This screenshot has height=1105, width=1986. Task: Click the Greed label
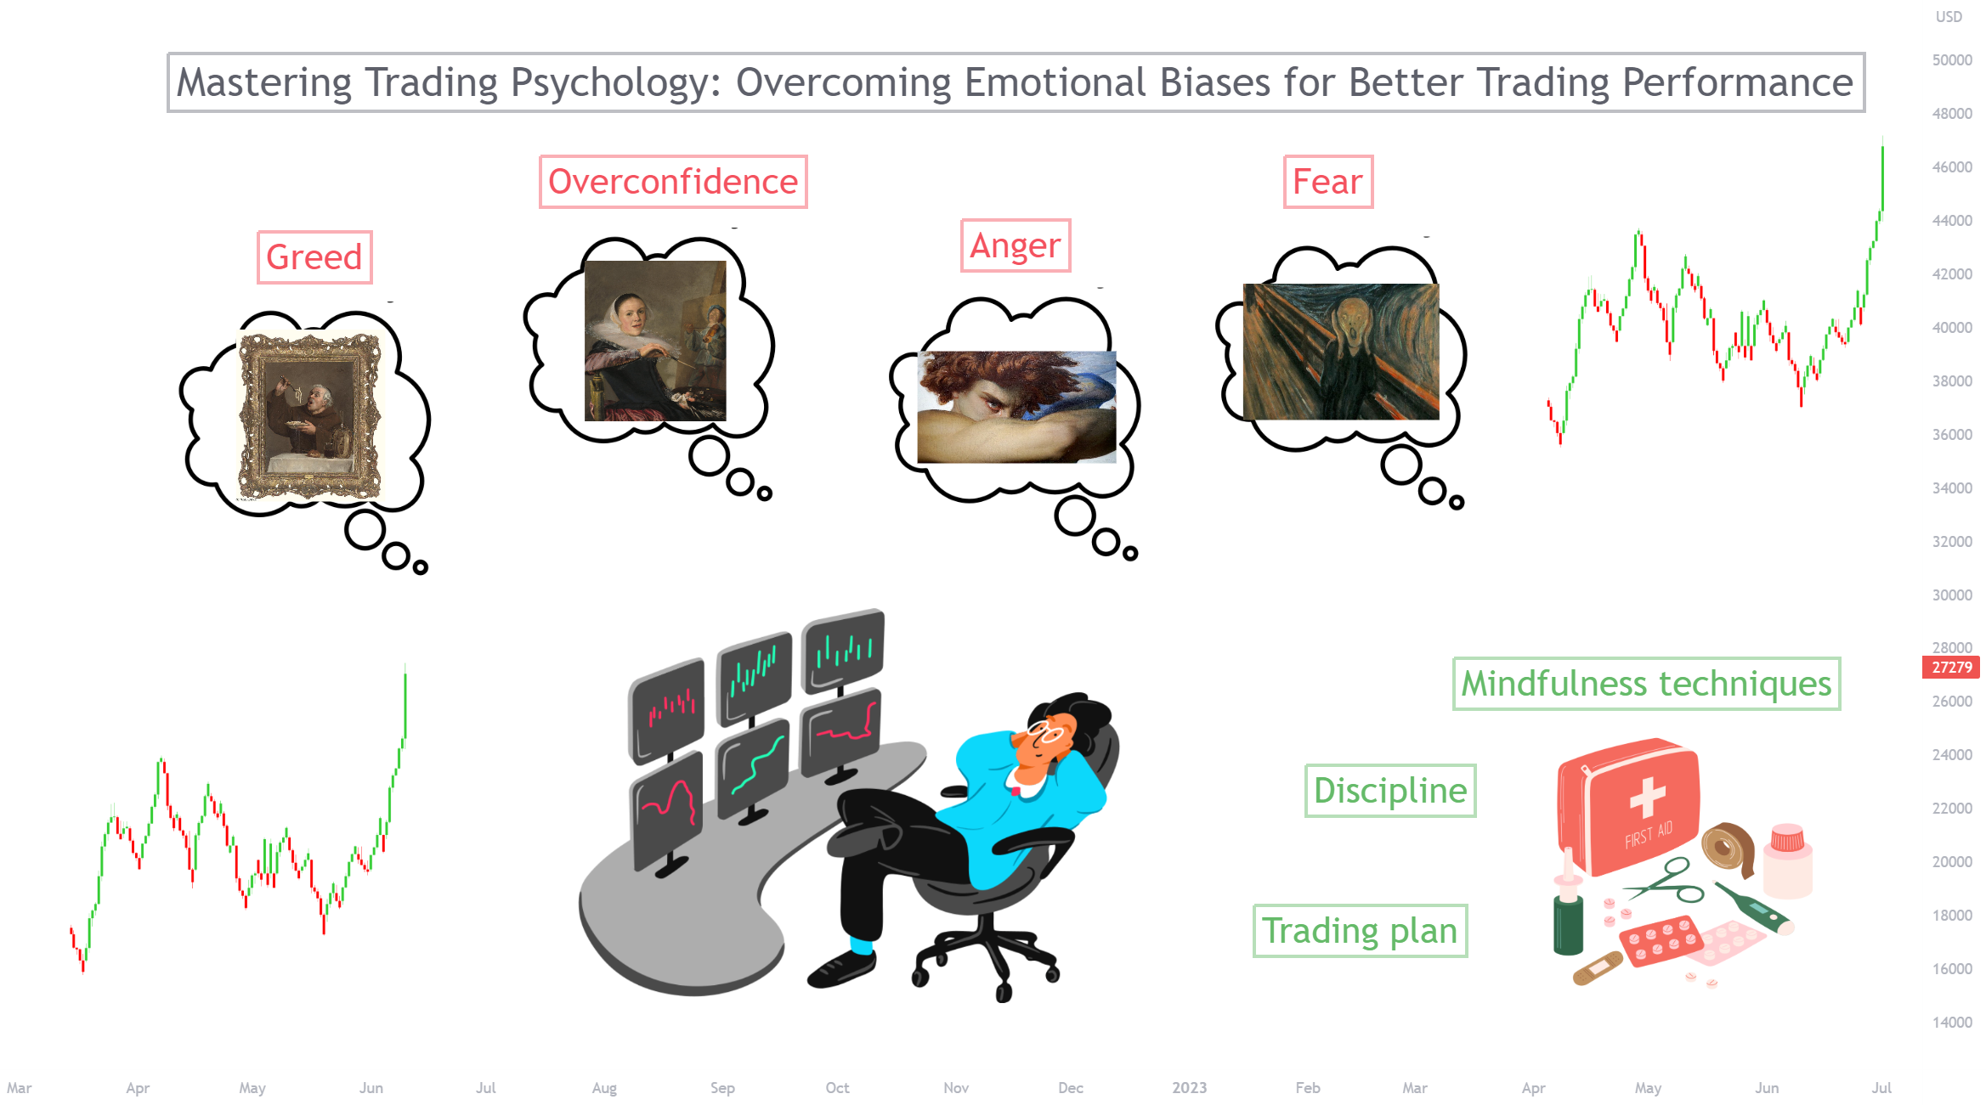(x=314, y=257)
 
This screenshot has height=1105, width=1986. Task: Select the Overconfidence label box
(x=673, y=182)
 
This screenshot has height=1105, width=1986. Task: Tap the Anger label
(x=1016, y=245)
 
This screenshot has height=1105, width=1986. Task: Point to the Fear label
(x=1328, y=182)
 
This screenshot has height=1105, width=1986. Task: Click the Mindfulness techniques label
(x=1647, y=684)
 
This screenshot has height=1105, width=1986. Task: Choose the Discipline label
(x=1390, y=791)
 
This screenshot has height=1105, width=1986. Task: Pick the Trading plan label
(x=1360, y=931)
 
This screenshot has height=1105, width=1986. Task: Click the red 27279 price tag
(x=1951, y=668)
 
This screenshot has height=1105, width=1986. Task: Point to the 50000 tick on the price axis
(x=1952, y=60)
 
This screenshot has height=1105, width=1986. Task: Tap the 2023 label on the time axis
(x=1189, y=1088)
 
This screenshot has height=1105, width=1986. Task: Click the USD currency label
(x=1949, y=17)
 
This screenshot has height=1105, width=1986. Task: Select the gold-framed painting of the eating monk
(x=309, y=416)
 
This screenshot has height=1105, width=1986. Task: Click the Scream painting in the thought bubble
(x=1341, y=352)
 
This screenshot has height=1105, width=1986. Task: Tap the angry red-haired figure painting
(x=1016, y=407)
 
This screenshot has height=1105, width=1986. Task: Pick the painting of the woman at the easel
(x=655, y=341)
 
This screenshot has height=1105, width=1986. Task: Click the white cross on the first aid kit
(x=1647, y=798)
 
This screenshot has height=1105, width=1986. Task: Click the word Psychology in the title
(x=615, y=82)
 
